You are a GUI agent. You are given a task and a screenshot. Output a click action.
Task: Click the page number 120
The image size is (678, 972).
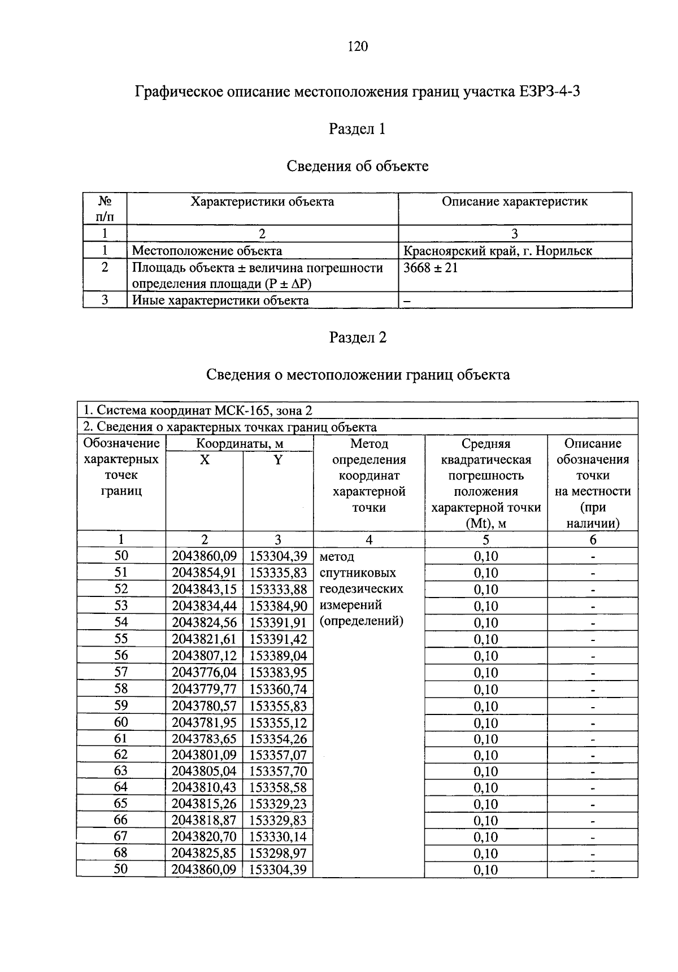(358, 47)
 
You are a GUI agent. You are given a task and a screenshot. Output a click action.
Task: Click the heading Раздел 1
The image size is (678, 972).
(357, 129)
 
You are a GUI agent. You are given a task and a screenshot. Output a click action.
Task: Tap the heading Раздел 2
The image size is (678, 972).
(357, 338)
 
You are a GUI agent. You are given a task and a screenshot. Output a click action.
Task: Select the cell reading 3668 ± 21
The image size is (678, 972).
(431, 268)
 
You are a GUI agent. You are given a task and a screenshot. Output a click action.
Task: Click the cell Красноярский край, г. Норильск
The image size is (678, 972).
(498, 251)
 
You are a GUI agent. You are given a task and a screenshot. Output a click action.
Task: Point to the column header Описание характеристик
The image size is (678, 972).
(514, 202)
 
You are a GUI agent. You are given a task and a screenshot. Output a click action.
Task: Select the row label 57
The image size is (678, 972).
(121, 672)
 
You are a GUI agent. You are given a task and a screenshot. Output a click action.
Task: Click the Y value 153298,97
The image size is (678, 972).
(278, 853)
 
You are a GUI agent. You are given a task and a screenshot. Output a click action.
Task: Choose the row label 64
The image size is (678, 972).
(121, 787)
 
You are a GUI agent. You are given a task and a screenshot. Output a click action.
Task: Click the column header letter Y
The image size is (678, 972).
(278, 460)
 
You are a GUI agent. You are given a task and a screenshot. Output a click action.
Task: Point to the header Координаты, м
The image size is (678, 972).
(240, 444)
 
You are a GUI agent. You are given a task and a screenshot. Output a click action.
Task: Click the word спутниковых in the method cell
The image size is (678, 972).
(358, 573)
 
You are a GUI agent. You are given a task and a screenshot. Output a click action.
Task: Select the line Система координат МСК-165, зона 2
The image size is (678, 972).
(198, 411)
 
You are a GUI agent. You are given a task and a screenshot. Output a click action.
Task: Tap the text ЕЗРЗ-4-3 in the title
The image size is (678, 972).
(547, 91)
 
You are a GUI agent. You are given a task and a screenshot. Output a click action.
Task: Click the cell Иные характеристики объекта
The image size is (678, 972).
(221, 300)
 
